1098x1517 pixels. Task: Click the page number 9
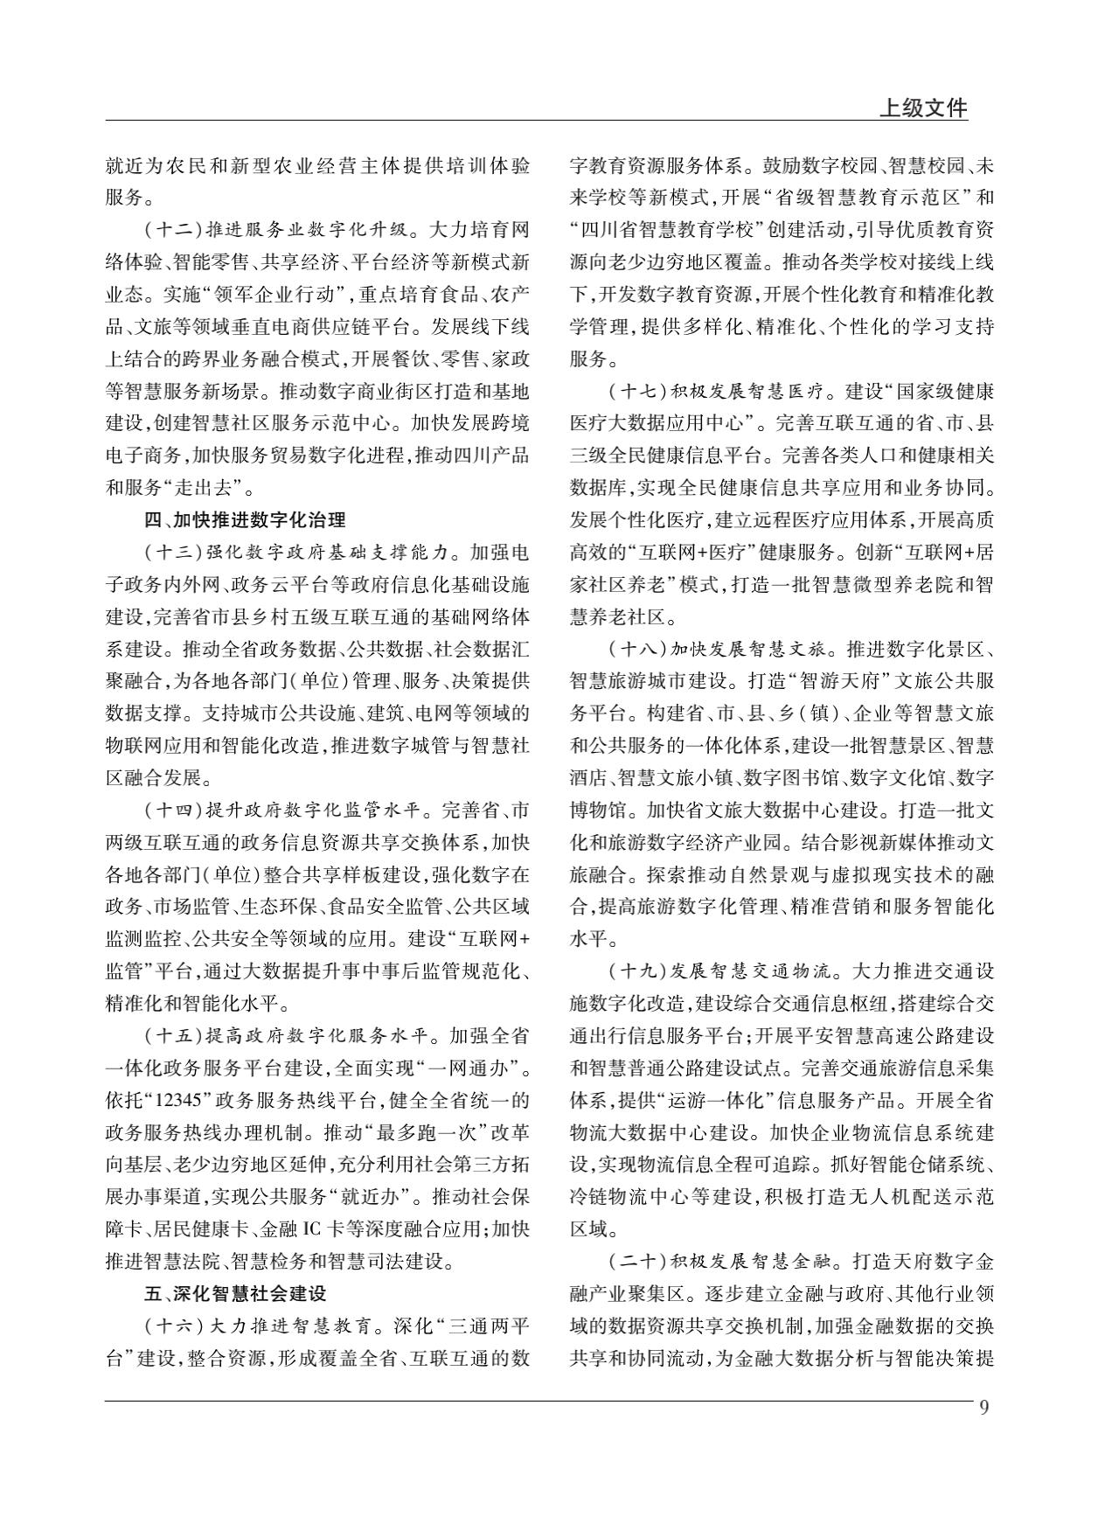pyautogui.click(x=984, y=1407)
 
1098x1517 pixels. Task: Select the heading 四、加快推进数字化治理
pyautogui.click(x=245, y=520)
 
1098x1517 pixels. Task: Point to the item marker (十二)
pyautogui.click(x=173, y=231)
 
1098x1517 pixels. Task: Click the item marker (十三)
pyautogui.click(x=173, y=553)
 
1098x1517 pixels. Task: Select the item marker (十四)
pyautogui.click(x=173, y=810)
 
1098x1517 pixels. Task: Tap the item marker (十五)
pyautogui.click(x=173, y=1036)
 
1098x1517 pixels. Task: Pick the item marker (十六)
pyautogui.click(x=173, y=1326)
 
